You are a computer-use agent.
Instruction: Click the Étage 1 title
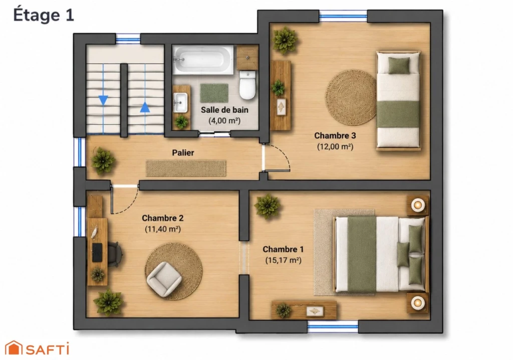(x=44, y=15)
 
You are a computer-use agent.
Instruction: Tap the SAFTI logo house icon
(x=14, y=347)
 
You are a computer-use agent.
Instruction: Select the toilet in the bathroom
(x=247, y=85)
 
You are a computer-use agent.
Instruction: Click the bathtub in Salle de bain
(x=203, y=60)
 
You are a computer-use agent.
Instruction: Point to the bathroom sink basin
(x=180, y=102)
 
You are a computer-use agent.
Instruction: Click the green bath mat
(x=214, y=93)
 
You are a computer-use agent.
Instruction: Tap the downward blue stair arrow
(x=103, y=100)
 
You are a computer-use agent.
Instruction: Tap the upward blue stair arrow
(x=145, y=107)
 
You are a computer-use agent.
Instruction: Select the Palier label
(x=183, y=152)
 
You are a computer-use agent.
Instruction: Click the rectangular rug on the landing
(x=186, y=168)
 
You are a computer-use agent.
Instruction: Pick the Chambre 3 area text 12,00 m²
(x=335, y=146)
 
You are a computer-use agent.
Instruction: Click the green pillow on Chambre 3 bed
(x=399, y=65)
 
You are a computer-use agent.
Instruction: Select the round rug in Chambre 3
(x=351, y=97)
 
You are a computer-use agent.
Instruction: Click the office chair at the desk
(x=115, y=254)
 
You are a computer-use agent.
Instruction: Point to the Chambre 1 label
(x=283, y=249)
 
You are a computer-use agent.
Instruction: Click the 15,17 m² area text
(x=283, y=260)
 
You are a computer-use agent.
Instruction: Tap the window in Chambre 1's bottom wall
(x=333, y=326)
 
